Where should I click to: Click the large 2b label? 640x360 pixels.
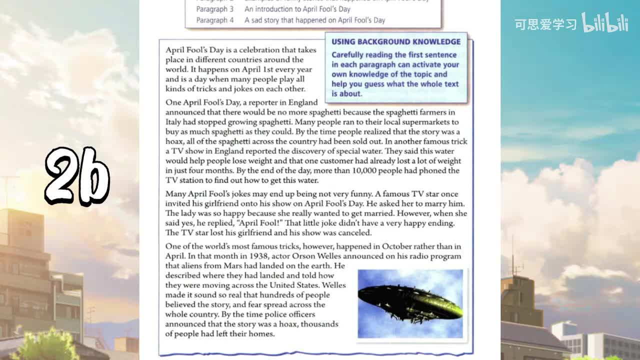pos(77,176)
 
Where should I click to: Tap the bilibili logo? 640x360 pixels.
pos(605,23)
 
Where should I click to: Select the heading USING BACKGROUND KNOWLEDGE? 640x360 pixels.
pos(396,42)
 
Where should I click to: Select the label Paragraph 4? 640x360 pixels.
pos(214,20)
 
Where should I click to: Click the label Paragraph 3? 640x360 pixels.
pos(214,9)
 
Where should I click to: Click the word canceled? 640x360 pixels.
pos(354,233)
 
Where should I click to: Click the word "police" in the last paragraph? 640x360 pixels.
pos(286,314)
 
